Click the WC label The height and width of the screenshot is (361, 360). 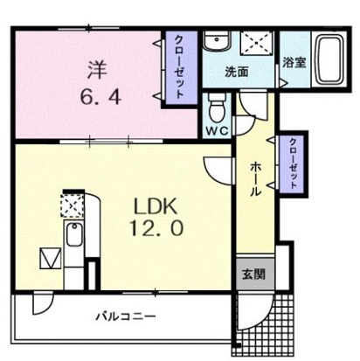pyautogui.click(x=217, y=131)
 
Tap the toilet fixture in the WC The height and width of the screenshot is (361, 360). pyautogui.click(x=217, y=108)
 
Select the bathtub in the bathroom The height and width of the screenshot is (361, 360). pyautogui.click(x=329, y=59)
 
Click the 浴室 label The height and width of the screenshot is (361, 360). pyautogui.click(x=294, y=62)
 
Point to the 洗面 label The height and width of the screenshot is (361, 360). pyautogui.click(x=237, y=73)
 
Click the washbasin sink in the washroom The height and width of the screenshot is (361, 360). pyautogui.click(x=217, y=41)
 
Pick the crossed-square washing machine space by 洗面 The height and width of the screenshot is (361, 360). pyautogui.click(x=257, y=43)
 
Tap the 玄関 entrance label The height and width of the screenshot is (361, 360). pyautogui.click(x=254, y=274)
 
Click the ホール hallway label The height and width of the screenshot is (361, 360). pyautogui.click(x=255, y=179)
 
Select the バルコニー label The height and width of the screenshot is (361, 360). pyautogui.click(x=126, y=316)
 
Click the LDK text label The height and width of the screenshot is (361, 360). pyautogui.click(x=156, y=206)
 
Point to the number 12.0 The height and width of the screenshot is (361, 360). pyautogui.click(x=156, y=228)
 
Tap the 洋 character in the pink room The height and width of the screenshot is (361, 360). pyautogui.click(x=98, y=70)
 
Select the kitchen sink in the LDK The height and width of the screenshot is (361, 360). pyautogui.click(x=74, y=234)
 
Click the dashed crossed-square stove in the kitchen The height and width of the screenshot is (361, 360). pyautogui.click(x=73, y=205)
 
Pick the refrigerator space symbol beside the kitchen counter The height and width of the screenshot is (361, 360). pyautogui.click(x=51, y=258)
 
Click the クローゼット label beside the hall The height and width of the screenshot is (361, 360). pyautogui.click(x=293, y=163)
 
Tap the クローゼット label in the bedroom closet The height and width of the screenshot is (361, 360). pyautogui.click(x=179, y=67)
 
